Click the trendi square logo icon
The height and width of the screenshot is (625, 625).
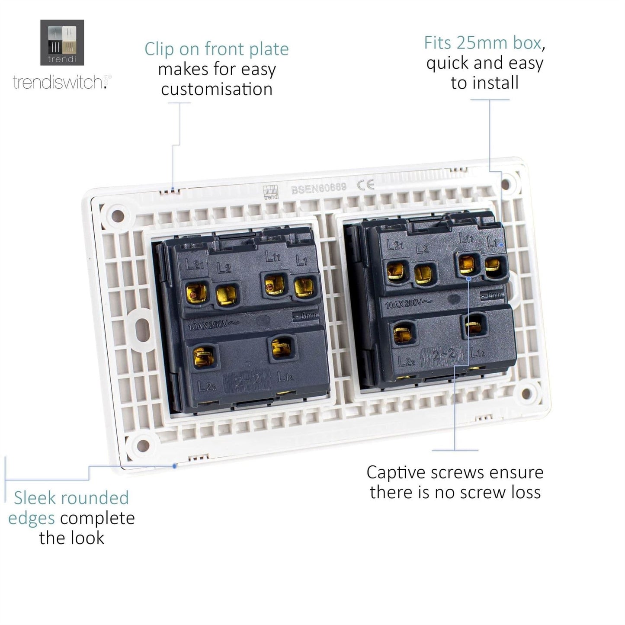(x=62, y=42)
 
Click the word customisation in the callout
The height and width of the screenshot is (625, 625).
(x=217, y=90)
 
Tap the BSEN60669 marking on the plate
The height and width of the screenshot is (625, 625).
(x=319, y=188)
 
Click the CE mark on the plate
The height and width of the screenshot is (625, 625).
(x=365, y=186)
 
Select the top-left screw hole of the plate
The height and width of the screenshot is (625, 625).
(x=117, y=215)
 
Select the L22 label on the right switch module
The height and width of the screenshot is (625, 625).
(x=406, y=361)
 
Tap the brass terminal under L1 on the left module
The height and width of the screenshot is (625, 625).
(x=304, y=287)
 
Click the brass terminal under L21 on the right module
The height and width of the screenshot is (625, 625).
(x=396, y=271)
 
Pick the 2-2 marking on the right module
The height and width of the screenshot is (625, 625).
(x=444, y=355)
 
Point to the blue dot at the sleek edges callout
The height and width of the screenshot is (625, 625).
(x=174, y=466)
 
